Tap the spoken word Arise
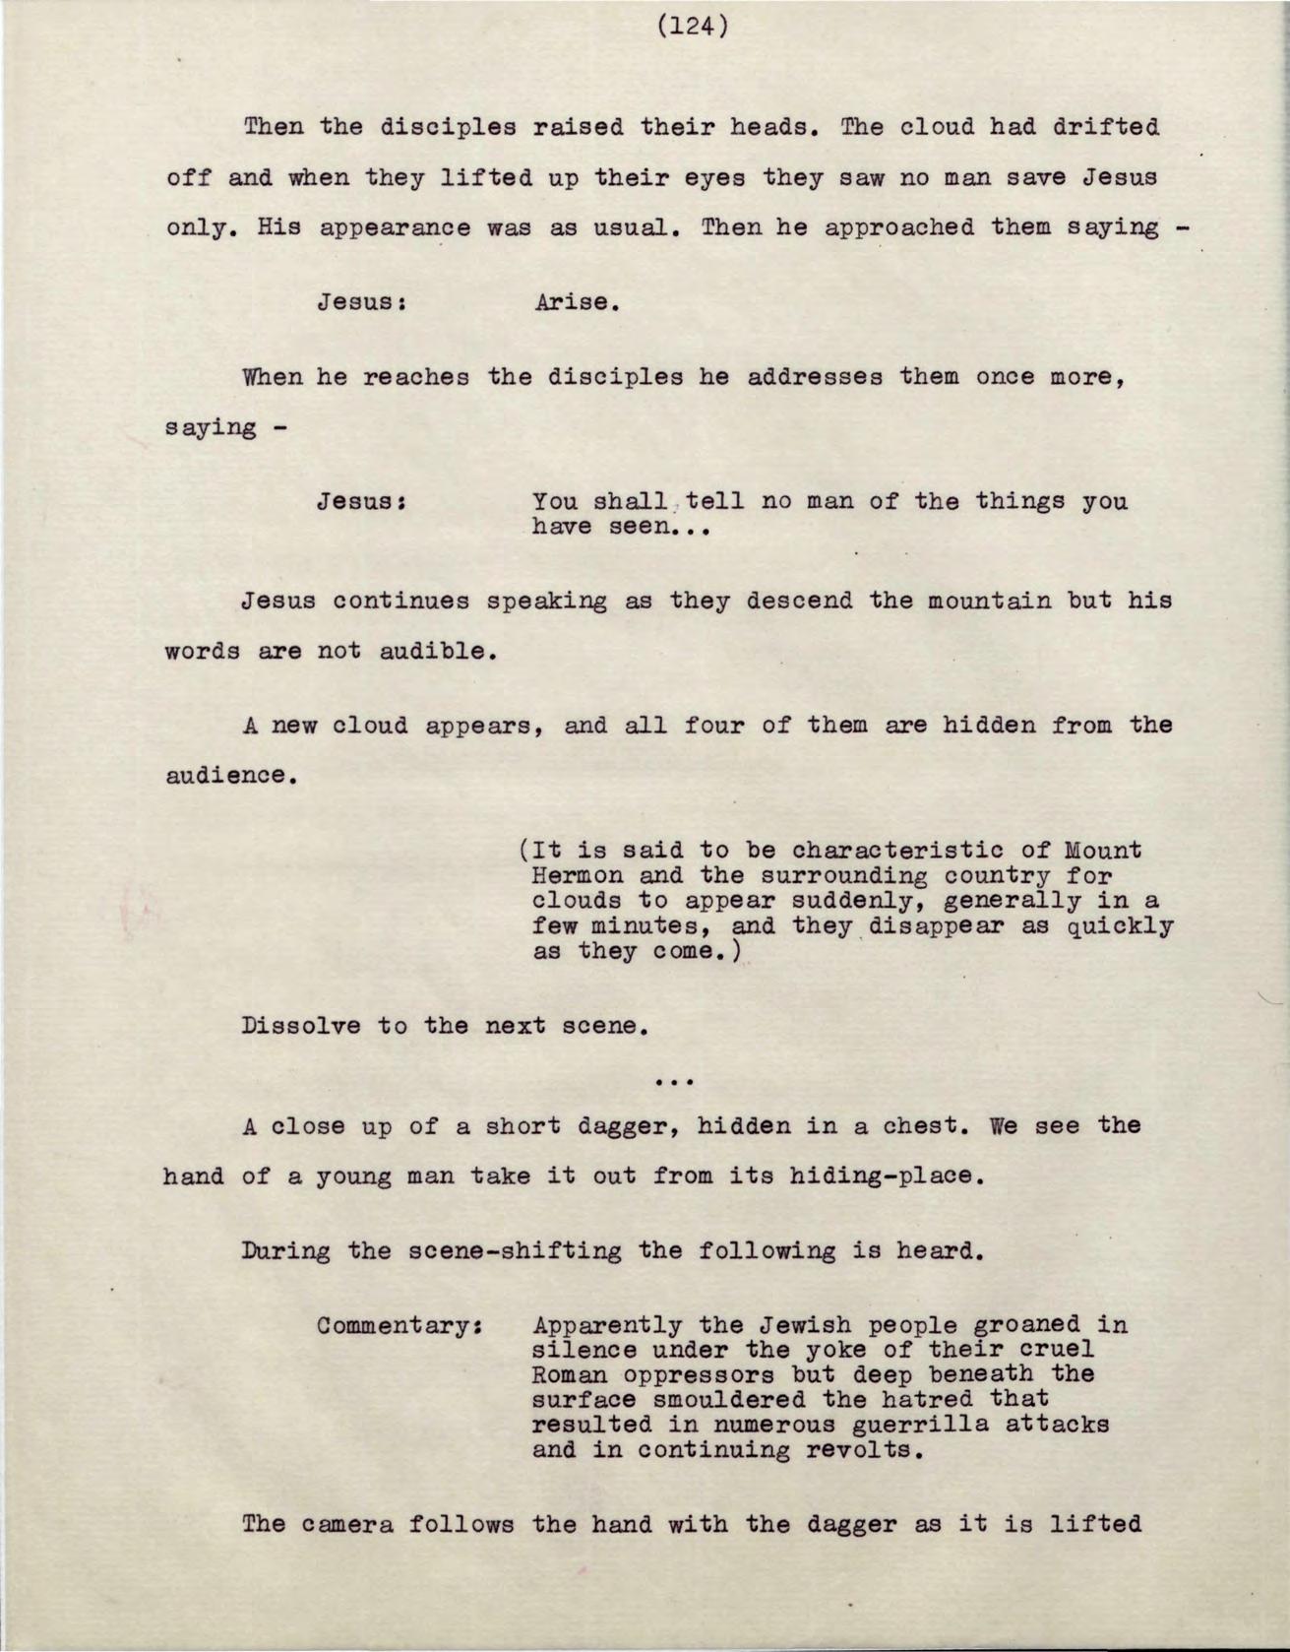(577, 302)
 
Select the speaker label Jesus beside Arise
(362, 302)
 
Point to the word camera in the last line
(350, 1525)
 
